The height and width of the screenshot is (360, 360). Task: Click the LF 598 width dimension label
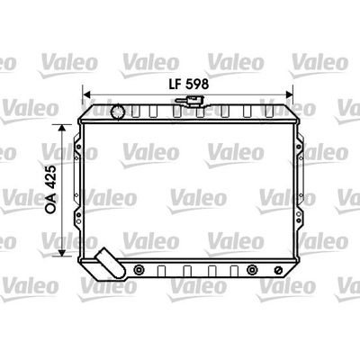pyautogui.click(x=189, y=85)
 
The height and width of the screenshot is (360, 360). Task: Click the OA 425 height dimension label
pyautogui.click(x=51, y=189)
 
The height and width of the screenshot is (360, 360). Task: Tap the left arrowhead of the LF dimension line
pyautogui.click(x=86, y=95)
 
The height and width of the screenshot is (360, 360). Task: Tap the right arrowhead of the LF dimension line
pyautogui.click(x=289, y=95)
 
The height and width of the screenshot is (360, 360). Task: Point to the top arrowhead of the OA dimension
pyautogui.click(x=62, y=128)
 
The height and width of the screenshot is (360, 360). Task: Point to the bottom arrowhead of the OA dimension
pyautogui.click(x=62, y=253)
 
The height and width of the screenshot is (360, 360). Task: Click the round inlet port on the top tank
pyautogui.click(x=118, y=112)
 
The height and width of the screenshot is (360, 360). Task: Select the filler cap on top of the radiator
pyautogui.click(x=191, y=101)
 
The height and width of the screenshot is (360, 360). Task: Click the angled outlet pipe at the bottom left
pyautogui.click(x=110, y=264)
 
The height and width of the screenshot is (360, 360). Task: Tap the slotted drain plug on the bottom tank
pyautogui.click(x=278, y=270)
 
